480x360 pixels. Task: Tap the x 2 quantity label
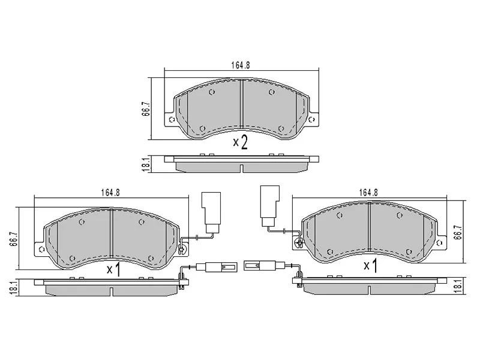(x=240, y=142)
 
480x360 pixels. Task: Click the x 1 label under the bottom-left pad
(x=113, y=270)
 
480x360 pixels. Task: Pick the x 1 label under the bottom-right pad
(x=370, y=264)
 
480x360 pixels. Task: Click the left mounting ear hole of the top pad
(x=172, y=119)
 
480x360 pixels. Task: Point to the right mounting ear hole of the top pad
(x=311, y=119)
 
